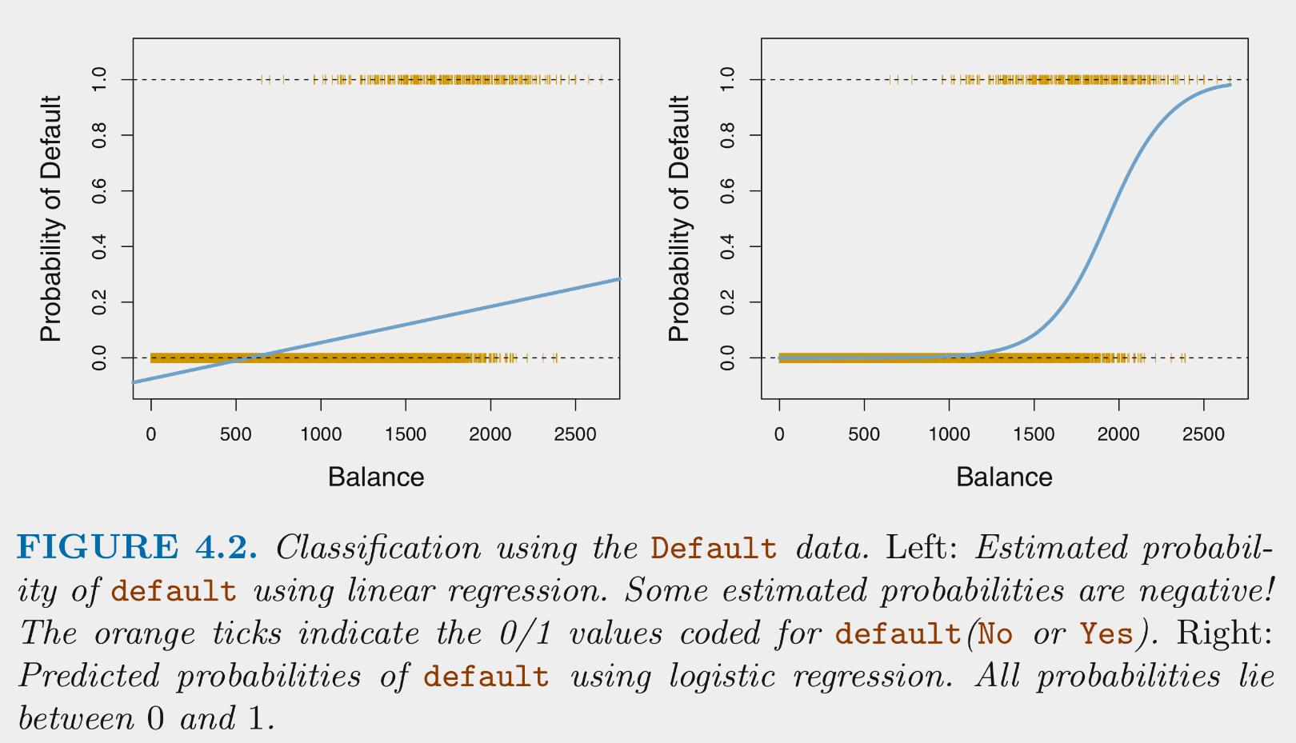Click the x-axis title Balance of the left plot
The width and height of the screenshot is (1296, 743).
[x=376, y=477]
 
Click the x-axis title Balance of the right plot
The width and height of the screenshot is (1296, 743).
[x=1004, y=477]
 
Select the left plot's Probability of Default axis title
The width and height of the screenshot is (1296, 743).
[x=50, y=218]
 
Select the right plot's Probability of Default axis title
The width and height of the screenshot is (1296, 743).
[x=678, y=218]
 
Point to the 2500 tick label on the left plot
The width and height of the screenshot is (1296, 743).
[x=574, y=434]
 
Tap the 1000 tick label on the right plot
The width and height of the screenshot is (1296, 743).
[x=949, y=434]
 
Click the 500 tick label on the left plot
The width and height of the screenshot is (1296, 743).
[x=235, y=434]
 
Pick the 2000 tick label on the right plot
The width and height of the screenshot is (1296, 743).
[x=1118, y=434]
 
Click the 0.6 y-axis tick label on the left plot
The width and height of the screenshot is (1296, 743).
[x=100, y=191]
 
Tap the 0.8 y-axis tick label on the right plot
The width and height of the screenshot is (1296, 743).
[x=728, y=135]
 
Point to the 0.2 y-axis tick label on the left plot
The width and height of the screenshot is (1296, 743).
[x=100, y=302]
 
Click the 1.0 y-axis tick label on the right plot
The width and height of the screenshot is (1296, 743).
[x=728, y=79]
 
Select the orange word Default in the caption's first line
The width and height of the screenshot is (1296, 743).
[x=714, y=549]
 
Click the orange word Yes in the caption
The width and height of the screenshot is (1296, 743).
[x=1107, y=634]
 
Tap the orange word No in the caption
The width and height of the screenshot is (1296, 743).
[x=995, y=634]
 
